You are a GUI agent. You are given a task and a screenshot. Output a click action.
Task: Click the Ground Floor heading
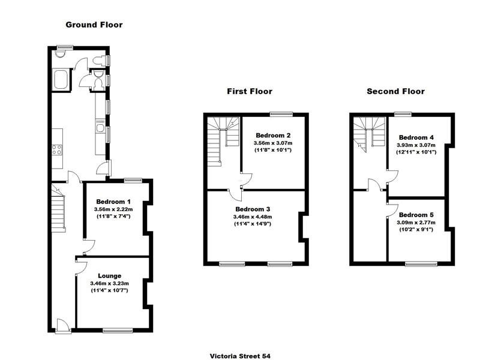pyautogui.click(x=94, y=25)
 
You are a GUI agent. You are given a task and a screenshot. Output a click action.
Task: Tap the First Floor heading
pyautogui.click(x=249, y=91)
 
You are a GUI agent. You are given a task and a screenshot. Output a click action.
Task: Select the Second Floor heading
pyautogui.click(x=395, y=91)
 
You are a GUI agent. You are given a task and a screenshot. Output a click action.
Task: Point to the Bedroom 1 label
pyautogui.click(x=112, y=201)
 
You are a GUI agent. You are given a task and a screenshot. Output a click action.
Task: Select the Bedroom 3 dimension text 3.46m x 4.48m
pyautogui.click(x=253, y=217)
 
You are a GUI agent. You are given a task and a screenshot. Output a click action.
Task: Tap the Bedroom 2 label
pyautogui.click(x=274, y=135)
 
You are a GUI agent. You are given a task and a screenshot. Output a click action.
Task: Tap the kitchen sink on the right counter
pyautogui.click(x=100, y=126)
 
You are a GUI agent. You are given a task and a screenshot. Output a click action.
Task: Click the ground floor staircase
pyautogui.click(x=58, y=210)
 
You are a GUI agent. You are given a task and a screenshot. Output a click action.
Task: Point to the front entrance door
pyautogui.click(x=62, y=325)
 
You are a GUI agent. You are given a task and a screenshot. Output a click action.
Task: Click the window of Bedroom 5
pyautogui.click(x=416, y=263)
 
